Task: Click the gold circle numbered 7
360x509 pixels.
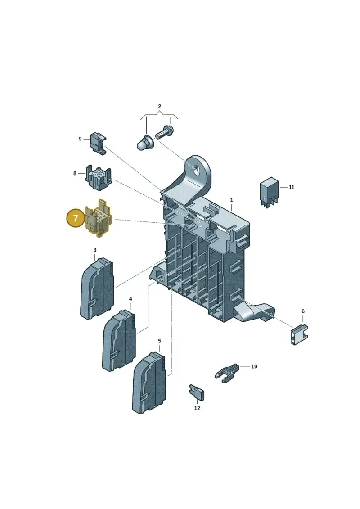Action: pos(76,218)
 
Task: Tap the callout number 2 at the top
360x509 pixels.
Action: pos(159,107)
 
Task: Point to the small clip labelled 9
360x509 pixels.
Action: pos(98,143)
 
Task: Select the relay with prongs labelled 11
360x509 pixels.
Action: pos(269,192)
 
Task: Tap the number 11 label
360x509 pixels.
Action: pos(291,187)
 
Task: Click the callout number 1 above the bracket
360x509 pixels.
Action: pos(231,200)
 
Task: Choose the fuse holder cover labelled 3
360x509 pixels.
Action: pos(97,288)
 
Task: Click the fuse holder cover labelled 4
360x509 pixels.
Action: pos(119,341)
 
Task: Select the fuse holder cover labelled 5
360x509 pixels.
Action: pos(149,383)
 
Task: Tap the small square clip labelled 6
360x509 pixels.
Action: pos(299,334)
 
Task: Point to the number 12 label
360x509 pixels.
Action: pos(197,408)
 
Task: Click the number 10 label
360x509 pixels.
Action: pos(254,366)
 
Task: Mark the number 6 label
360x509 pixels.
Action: pos(303,311)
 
